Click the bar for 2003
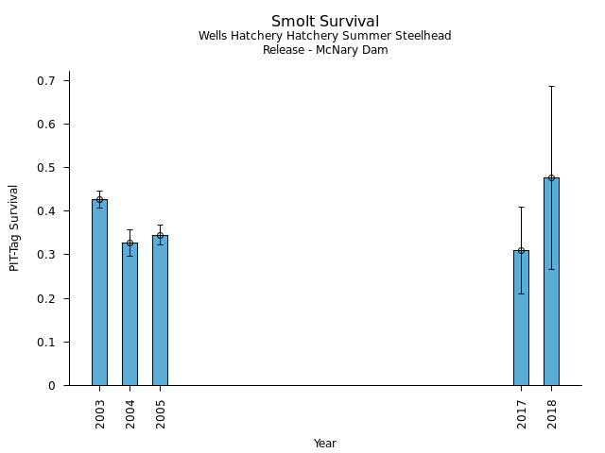[99, 293]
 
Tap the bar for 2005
[160, 310]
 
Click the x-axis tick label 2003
[100, 413]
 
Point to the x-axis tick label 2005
[161, 413]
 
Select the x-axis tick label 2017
[522, 413]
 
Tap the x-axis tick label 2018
[552, 413]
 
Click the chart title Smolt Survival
[325, 22]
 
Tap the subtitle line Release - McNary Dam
[325, 50]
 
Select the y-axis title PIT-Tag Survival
[15, 227]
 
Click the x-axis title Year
[325, 444]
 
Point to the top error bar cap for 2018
[551, 86]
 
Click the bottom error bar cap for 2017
[521, 294]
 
